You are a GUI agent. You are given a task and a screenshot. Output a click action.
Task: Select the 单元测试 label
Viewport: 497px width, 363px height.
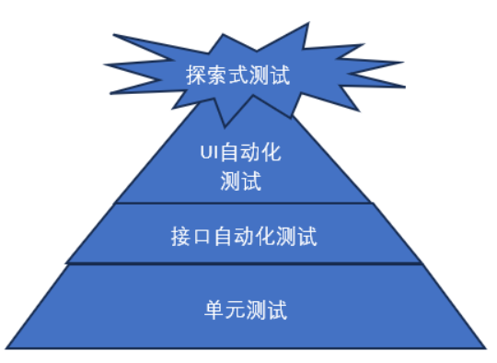245,310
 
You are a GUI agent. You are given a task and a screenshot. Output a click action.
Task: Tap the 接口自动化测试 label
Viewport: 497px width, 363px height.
245,236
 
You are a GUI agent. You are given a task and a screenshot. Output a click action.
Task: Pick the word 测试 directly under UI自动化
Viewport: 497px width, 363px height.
242,180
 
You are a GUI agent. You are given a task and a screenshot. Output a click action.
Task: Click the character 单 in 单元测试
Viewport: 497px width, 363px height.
213,310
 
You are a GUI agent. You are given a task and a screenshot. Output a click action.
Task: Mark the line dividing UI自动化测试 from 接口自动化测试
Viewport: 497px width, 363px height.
244,203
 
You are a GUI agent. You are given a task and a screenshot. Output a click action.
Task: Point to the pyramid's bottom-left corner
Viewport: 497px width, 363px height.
6,348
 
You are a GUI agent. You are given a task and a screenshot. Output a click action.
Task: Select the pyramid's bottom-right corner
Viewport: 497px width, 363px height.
484,348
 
